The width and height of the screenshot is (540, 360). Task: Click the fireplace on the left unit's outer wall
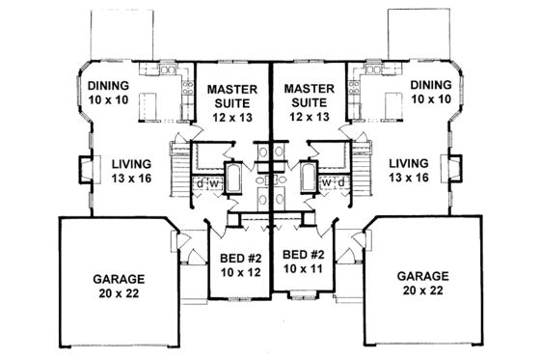pos(85,170)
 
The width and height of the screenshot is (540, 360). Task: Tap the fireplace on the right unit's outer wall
pos(453,170)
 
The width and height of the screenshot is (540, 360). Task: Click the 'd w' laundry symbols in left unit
pos(206,183)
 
